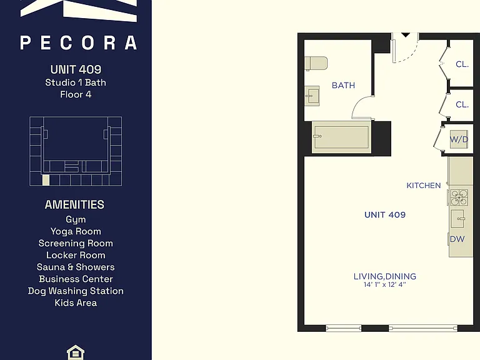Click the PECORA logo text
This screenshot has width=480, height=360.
pos(78,42)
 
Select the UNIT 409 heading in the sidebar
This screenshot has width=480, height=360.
pos(76,69)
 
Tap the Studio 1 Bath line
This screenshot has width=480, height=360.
pos(76,82)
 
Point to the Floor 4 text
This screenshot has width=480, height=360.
pos(76,94)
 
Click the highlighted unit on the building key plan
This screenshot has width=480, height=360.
pos(46,180)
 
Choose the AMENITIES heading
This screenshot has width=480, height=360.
pos(74,204)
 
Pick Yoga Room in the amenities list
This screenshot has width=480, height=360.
pos(76,231)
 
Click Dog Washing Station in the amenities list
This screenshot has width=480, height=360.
pos(76,291)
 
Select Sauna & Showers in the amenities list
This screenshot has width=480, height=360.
pos(76,267)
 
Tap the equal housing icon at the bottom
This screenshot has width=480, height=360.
pos(75,352)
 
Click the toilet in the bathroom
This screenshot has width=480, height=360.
pos(316,63)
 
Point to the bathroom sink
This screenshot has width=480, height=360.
pos(312,96)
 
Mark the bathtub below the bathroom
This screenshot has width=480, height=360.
pos(342,137)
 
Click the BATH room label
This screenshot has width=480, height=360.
pos(344,86)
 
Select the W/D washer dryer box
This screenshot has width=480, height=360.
pos(459,139)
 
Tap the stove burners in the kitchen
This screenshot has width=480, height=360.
pos(459,197)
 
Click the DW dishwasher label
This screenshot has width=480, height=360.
pos(457,239)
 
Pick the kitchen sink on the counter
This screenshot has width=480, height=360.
pos(459,219)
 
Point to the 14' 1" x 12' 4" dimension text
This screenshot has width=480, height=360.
pos(385,285)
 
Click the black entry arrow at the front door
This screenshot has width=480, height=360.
pos(406,35)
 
